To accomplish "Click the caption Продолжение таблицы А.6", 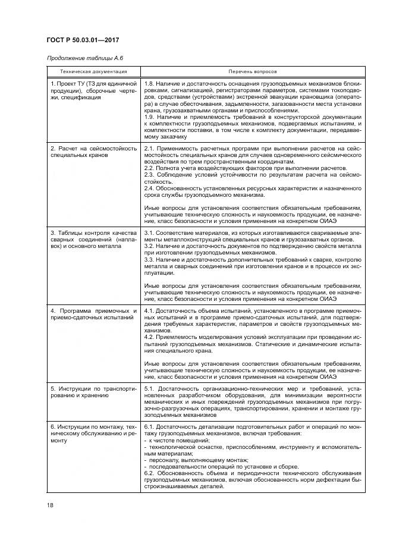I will point(80,58).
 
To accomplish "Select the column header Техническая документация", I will point(93,71).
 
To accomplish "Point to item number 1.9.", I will point(150,117).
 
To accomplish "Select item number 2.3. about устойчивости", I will point(150,175).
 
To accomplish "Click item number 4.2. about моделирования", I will point(150,337).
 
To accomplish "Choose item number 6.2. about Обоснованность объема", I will point(150,474).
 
